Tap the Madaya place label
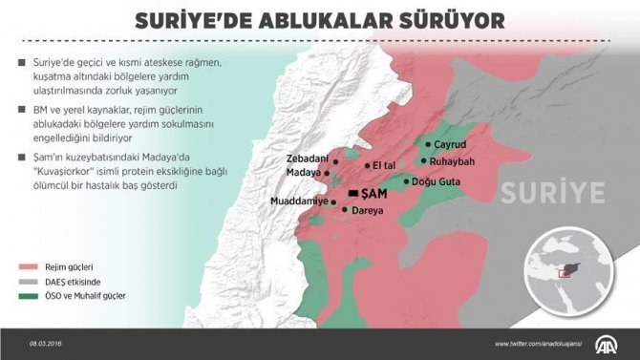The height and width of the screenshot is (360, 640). tap(303, 173)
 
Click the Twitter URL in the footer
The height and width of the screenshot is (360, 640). tap(541, 344)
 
